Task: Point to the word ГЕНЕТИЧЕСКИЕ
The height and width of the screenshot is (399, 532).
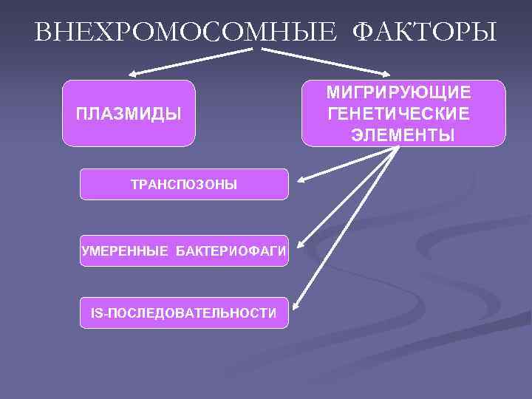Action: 399,115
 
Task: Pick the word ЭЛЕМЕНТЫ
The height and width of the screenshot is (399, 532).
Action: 403,136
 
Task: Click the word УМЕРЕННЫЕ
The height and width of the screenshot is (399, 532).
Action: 125,252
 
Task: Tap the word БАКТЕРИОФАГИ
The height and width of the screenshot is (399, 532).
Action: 231,252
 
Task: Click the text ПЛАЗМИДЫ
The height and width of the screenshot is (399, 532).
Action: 129,115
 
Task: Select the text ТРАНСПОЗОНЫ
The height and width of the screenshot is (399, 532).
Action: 184,185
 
